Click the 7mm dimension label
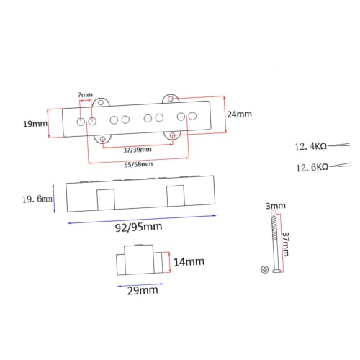point(85,95)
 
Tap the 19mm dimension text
point(35,124)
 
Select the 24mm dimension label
point(239,114)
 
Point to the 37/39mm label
point(138,150)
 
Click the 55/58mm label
point(138,164)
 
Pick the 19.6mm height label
point(37,199)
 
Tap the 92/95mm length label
point(139,227)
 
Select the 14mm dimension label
point(189,262)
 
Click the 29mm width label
point(143,290)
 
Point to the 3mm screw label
point(276,206)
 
